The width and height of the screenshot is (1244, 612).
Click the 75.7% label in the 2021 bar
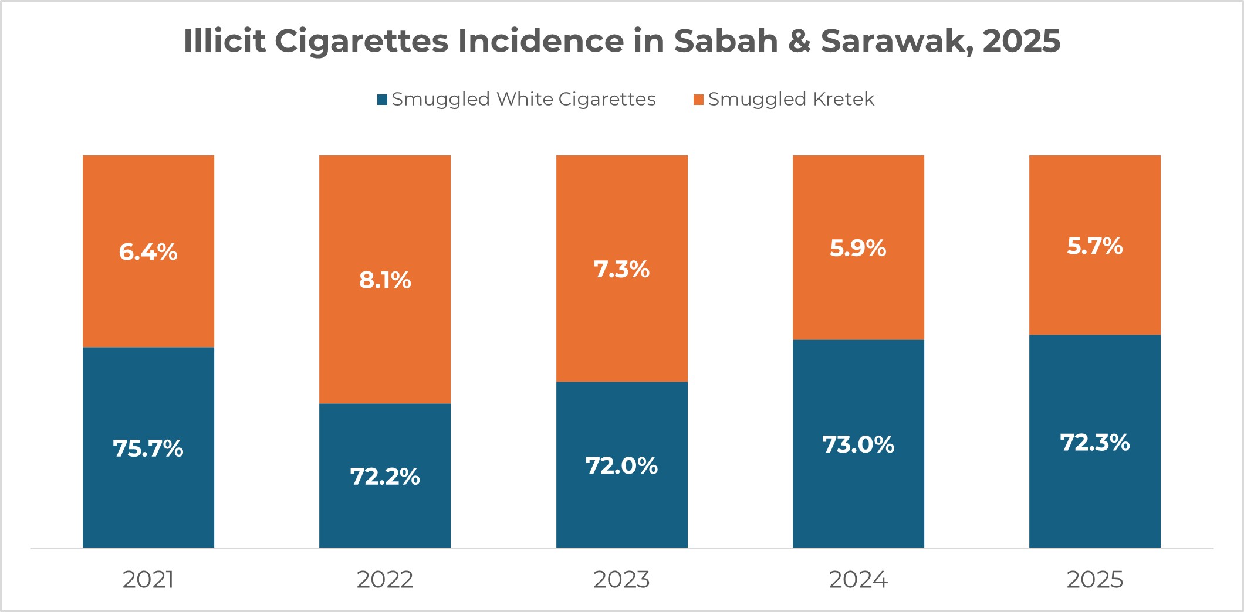coord(148,448)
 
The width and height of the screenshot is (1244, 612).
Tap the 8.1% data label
coord(385,280)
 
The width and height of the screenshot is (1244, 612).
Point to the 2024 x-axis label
coord(858,580)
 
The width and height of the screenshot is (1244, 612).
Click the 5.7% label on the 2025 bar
coord(1094,246)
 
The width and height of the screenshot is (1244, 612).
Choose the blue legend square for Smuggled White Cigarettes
coord(382,100)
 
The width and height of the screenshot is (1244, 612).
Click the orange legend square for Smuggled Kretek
coord(698,100)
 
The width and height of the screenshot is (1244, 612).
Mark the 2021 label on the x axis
coord(148,580)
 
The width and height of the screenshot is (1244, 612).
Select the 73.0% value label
coord(858,444)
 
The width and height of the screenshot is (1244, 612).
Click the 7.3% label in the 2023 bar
coord(621,270)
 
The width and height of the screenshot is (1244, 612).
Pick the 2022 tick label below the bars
coord(385,580)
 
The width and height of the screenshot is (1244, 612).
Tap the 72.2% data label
coord(385,477)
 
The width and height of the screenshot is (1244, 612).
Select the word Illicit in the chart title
coord(224,41)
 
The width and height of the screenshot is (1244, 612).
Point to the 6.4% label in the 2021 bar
coord(148,252)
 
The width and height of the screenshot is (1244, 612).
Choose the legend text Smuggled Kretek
coord(791,99)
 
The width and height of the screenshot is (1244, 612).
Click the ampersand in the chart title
coord(799,41)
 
